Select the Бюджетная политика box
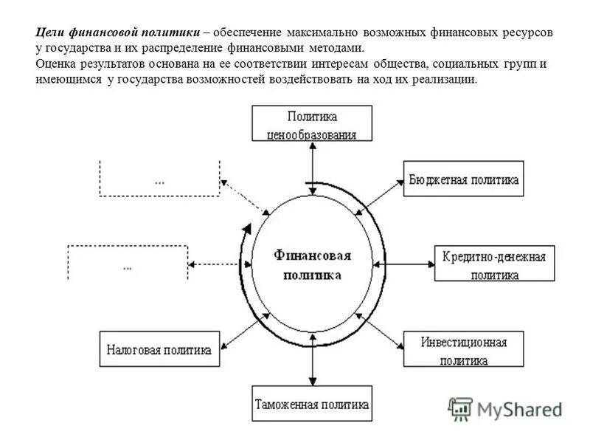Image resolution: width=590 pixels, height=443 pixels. coord(464,179)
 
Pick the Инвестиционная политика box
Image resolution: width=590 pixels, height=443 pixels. coord(464,349)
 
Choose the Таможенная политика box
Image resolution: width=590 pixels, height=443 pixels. coord(311,404)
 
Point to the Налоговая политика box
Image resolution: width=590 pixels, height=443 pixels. coord(159,348)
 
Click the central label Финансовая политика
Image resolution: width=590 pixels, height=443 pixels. coord(312,264)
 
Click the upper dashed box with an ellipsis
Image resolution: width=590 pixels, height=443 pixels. coord(159,178)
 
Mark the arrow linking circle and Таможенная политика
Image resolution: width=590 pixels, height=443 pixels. coord(313,360)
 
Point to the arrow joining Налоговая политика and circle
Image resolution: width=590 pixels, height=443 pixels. coord(243,329)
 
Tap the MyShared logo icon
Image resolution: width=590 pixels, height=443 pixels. coord(461,409)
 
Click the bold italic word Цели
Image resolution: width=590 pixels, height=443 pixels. coord(50,33)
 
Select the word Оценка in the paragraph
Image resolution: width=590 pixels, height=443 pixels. coord(56,64)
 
